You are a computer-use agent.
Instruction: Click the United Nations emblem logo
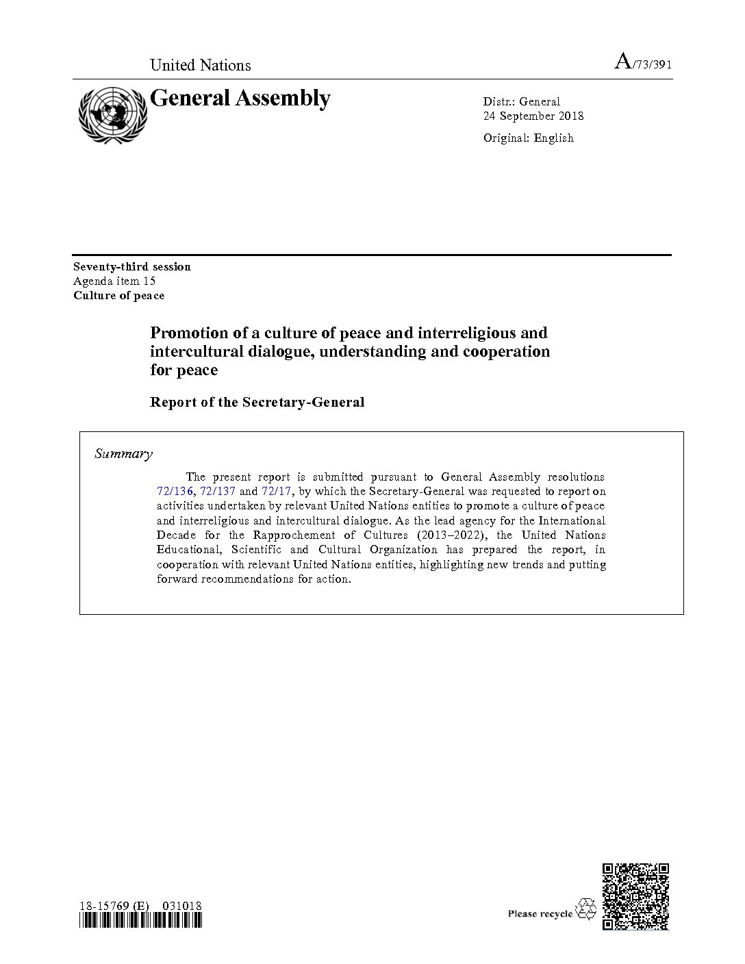pos(112,114)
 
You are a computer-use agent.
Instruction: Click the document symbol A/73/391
pos(642,63)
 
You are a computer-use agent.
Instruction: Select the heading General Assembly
pos(240,99)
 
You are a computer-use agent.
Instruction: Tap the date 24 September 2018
pos(533,116)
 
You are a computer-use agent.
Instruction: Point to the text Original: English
pos(528,138)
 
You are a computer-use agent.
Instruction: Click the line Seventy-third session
pos(132,266)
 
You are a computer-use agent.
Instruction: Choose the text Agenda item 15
pos(114,281)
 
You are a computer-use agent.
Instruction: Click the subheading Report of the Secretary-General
pos(257,402)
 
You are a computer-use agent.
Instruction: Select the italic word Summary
pos(123,453)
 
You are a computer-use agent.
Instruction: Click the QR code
pos(635,896)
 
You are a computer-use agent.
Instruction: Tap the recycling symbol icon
pos(587,909)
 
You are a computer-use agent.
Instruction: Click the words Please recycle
pos(540,913)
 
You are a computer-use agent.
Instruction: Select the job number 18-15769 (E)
pos(114,906)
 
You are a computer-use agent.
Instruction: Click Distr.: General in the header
pos(521,101)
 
